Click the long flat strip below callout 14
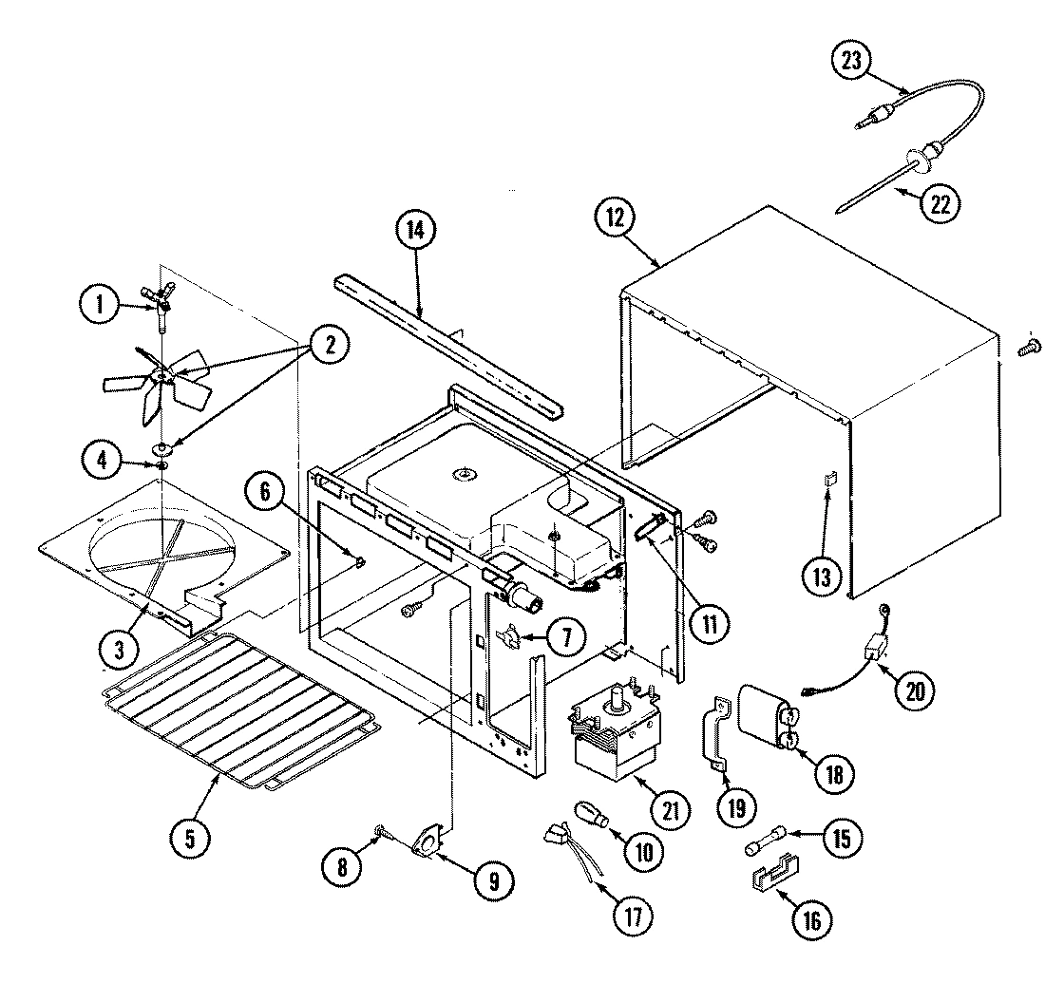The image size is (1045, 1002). [x=446, y=347]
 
